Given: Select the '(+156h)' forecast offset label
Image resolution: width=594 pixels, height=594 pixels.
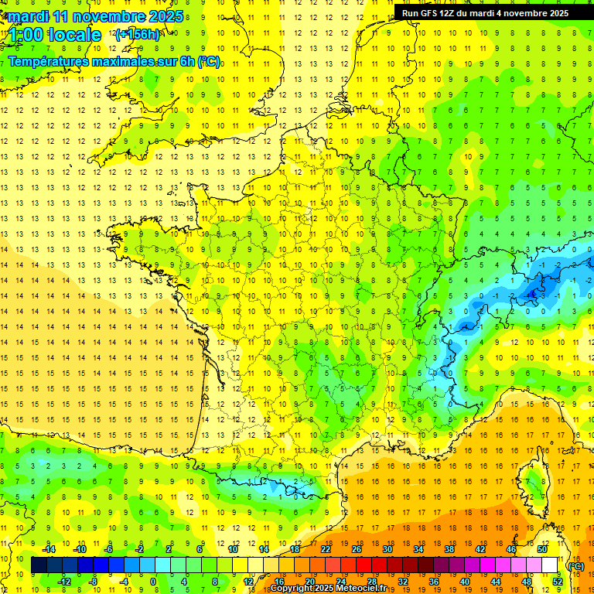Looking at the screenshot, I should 137,34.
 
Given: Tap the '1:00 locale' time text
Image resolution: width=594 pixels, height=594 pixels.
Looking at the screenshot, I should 54,34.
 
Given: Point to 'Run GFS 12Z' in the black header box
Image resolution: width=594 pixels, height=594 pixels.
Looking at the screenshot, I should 430,12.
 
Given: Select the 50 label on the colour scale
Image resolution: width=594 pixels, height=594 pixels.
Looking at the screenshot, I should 542,549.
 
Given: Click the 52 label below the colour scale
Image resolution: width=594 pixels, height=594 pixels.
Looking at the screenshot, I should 557,582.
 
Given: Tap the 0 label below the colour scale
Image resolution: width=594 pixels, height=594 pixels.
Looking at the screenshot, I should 153,582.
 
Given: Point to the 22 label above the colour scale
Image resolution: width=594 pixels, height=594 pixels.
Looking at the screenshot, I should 326,549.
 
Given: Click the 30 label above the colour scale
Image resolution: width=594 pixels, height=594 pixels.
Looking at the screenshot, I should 387,549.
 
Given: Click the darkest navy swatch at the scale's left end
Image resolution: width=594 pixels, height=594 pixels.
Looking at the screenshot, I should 39,565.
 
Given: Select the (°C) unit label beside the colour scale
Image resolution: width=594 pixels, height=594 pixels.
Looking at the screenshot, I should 576,565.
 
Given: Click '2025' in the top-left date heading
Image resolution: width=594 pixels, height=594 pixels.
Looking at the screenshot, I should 166,16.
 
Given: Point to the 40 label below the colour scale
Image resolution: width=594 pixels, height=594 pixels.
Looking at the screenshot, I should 464,582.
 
